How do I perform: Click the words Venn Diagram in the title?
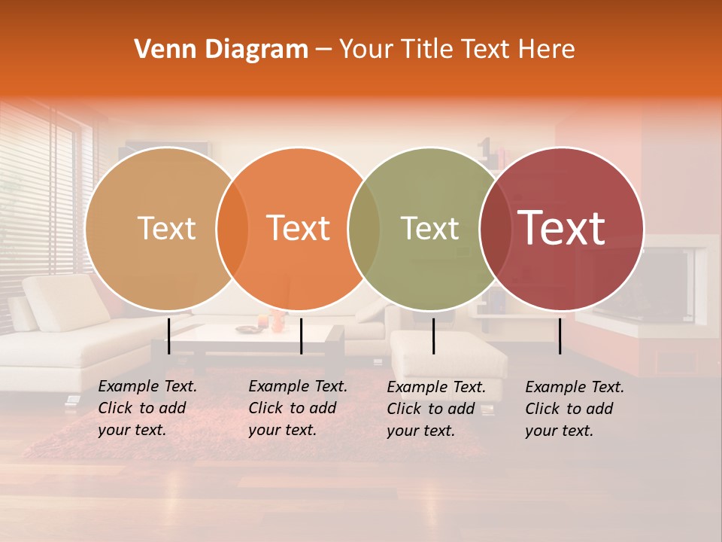coord(221,50)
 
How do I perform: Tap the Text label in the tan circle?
coord(166,228)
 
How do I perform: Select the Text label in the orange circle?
coord(299,228)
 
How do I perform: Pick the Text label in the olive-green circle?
coord(429,228)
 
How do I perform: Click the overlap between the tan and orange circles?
coord(232,228)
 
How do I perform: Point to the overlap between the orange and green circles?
coord(364,228)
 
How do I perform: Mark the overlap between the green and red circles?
coord(495,228)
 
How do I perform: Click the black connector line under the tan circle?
coord(169,336)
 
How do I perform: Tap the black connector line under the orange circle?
coord(301,336)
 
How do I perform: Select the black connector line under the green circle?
coord(433,336)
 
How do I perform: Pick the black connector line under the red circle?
coord(560,336)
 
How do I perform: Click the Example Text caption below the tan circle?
coord(147,408)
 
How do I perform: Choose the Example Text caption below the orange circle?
coord(297,408)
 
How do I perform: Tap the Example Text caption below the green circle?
coord(435,409)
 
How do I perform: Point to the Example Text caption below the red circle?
coord(574,409)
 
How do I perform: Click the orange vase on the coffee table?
coord(278,322)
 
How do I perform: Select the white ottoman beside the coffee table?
coord(447,354)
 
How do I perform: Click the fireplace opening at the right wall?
coord(662,282)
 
